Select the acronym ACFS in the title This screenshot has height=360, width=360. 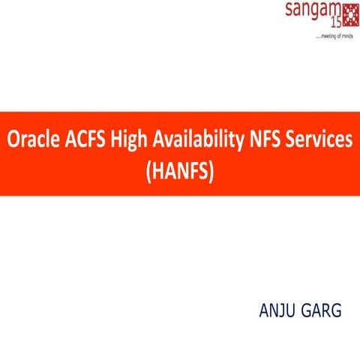point(81,140)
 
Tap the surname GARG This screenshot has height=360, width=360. point(321,309)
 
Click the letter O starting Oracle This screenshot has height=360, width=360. point(13,140)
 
